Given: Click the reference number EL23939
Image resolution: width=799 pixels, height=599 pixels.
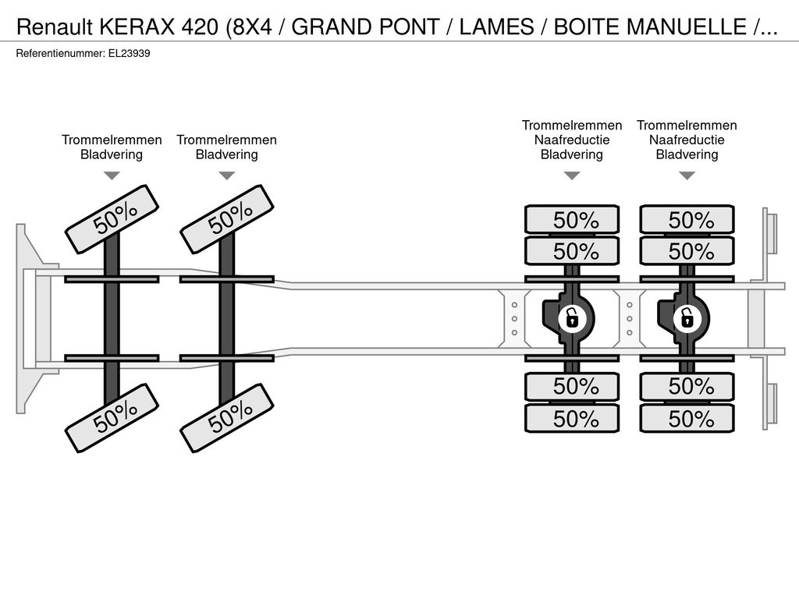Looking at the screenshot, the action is (x=129, y=54).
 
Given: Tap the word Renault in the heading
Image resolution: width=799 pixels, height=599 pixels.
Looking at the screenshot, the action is (x=55, y=27).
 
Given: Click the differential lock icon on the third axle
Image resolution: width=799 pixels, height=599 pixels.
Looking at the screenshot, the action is (x=572, y=319).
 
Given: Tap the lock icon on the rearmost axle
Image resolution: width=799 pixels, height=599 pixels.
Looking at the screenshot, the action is (x=687, y=319).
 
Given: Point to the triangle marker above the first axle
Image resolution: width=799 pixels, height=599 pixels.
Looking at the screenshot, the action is (x=112, y=175).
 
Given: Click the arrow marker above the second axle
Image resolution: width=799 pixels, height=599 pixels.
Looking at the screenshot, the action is (x=227, y=175).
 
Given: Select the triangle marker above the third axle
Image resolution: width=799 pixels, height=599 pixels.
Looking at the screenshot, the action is (x=572, y=175).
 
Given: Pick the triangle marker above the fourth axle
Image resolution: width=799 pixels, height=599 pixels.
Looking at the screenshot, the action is (x=687, y=175).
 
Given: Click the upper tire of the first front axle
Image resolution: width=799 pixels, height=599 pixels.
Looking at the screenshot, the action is (x=112, y=219).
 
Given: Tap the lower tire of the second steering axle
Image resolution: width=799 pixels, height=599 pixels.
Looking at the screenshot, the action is (x=227, y=418).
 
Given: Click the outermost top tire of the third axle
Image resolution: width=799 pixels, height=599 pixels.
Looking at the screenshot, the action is (x=572, y=220).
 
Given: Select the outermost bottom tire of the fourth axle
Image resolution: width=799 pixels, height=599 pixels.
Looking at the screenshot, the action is (x=687, y=419).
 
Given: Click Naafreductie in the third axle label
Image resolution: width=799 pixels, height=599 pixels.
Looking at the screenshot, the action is (x=572, y=140).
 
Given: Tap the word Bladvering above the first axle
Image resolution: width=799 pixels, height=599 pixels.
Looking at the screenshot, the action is (x=112, y=154).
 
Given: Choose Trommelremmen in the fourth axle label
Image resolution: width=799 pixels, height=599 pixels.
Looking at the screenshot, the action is (x=687, y=126).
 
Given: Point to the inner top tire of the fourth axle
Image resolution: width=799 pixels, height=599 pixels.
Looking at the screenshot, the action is (x=687, y=251).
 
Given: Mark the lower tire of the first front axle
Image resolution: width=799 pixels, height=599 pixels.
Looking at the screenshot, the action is (x=112, y=418).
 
